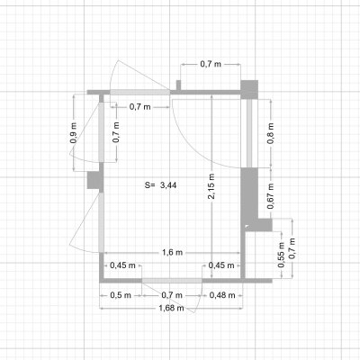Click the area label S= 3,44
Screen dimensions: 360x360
coord(160,185)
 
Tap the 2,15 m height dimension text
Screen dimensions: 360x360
coord(211,186)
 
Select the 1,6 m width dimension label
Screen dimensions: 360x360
coord(173,253)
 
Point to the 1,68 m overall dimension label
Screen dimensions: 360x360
coord(171,308)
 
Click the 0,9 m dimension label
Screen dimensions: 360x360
coord(74,132)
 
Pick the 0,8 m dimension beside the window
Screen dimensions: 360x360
coord(270,133)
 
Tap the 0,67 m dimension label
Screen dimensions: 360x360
coord(271,196)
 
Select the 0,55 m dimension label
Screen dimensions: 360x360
coord(281,255)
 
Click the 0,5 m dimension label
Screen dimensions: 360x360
coord(121,295)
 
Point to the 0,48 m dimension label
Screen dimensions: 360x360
coord(222,295)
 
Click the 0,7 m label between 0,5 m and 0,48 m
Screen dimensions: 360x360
coord(172,295)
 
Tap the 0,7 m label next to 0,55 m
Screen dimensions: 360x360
coord(292,248)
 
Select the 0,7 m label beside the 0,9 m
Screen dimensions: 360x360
coord(116,132)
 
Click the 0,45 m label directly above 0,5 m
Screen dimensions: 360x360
coord(122,265)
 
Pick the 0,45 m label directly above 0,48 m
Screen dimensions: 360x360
coord(221,265)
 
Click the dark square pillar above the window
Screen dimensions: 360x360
coord(249,89)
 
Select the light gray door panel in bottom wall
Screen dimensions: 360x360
coord(172,281)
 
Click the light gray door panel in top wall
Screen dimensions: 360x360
coord(139,93)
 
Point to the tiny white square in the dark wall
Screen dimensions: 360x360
coord(247,227)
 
